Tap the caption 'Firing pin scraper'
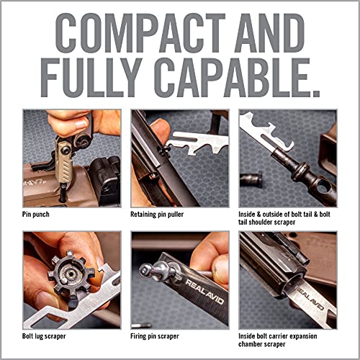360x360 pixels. pos(159,336)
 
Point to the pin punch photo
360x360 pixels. pos(71,158)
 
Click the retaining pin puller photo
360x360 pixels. pos(179,158)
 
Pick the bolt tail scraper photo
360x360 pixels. pos(287,158)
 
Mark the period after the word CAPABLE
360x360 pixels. pos(317,91)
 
